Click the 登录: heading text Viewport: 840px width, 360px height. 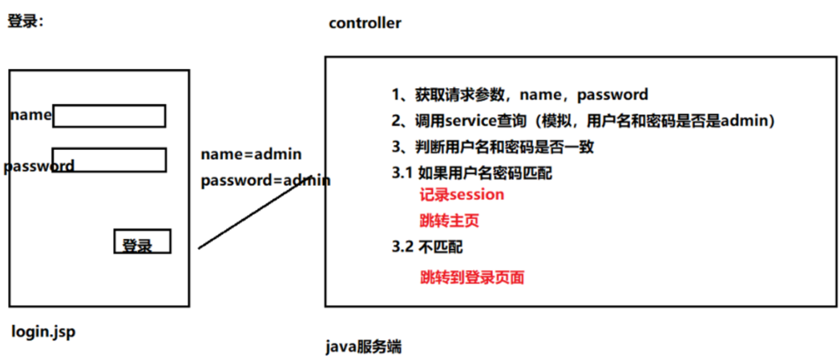[x=26, y=22]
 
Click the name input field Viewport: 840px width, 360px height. [x=109, y=116]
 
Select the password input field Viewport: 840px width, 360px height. [x=109, y=160]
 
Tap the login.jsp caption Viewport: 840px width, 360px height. [x=43, y=332]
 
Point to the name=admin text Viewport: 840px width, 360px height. [x=251, y=154]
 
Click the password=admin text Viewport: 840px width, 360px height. [x=265, y=180]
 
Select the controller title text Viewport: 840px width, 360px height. [x=365, y=22]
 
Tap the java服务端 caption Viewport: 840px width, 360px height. [x=364, y=347]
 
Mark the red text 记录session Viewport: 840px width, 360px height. [x=462, y=195]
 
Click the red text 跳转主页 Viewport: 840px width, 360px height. [x=450, y=220]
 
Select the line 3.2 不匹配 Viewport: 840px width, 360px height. [x=427, y=247]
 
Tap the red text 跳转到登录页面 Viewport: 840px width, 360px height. [x=472, y=277]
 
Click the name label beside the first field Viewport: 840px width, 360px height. [x=30, y=115]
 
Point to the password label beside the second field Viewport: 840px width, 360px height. [x=38, y=167]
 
